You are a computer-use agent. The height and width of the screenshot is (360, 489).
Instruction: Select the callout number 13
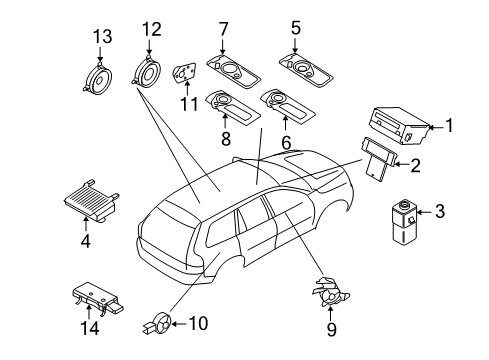[x=98, y=37]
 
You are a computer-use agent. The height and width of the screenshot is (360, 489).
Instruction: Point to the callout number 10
[x=198, y=322]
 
